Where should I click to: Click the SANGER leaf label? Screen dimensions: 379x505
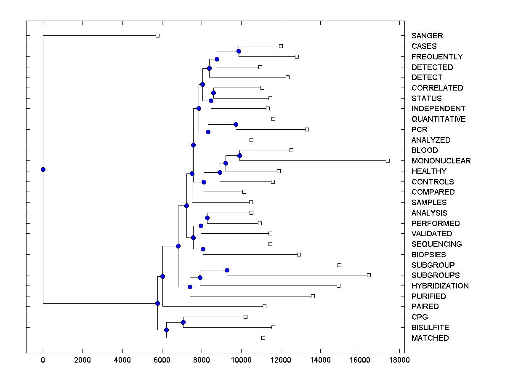[427, 36]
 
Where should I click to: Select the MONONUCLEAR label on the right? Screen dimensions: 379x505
[441, 161]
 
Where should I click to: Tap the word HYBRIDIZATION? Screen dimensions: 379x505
[440, 286]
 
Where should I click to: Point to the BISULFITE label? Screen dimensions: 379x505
[430, 328]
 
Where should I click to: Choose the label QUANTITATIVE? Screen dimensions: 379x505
[439, 119]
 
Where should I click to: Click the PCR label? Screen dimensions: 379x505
[419, 130]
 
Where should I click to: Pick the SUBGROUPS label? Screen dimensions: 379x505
[436, 275]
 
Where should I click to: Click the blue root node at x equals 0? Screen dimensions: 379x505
[43, 169]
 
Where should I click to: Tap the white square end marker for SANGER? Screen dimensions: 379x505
[157, 35]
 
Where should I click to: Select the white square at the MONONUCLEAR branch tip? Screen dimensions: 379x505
[388, 160]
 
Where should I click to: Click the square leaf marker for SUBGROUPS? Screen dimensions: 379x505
[369, 275]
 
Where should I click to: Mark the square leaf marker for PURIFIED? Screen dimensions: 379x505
[313, 296]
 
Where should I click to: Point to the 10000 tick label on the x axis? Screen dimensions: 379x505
[241, 360]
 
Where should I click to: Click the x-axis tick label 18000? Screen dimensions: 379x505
[399, 360]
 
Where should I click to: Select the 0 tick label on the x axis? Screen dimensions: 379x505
[43, 360]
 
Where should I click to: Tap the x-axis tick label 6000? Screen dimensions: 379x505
[162, 360]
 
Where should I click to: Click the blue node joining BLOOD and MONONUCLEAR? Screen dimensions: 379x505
[239, 155]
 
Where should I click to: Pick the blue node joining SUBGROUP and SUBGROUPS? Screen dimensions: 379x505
[227, 270]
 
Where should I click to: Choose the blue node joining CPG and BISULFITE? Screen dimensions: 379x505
[183, 322]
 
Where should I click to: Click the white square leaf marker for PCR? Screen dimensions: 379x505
[307, 129]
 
